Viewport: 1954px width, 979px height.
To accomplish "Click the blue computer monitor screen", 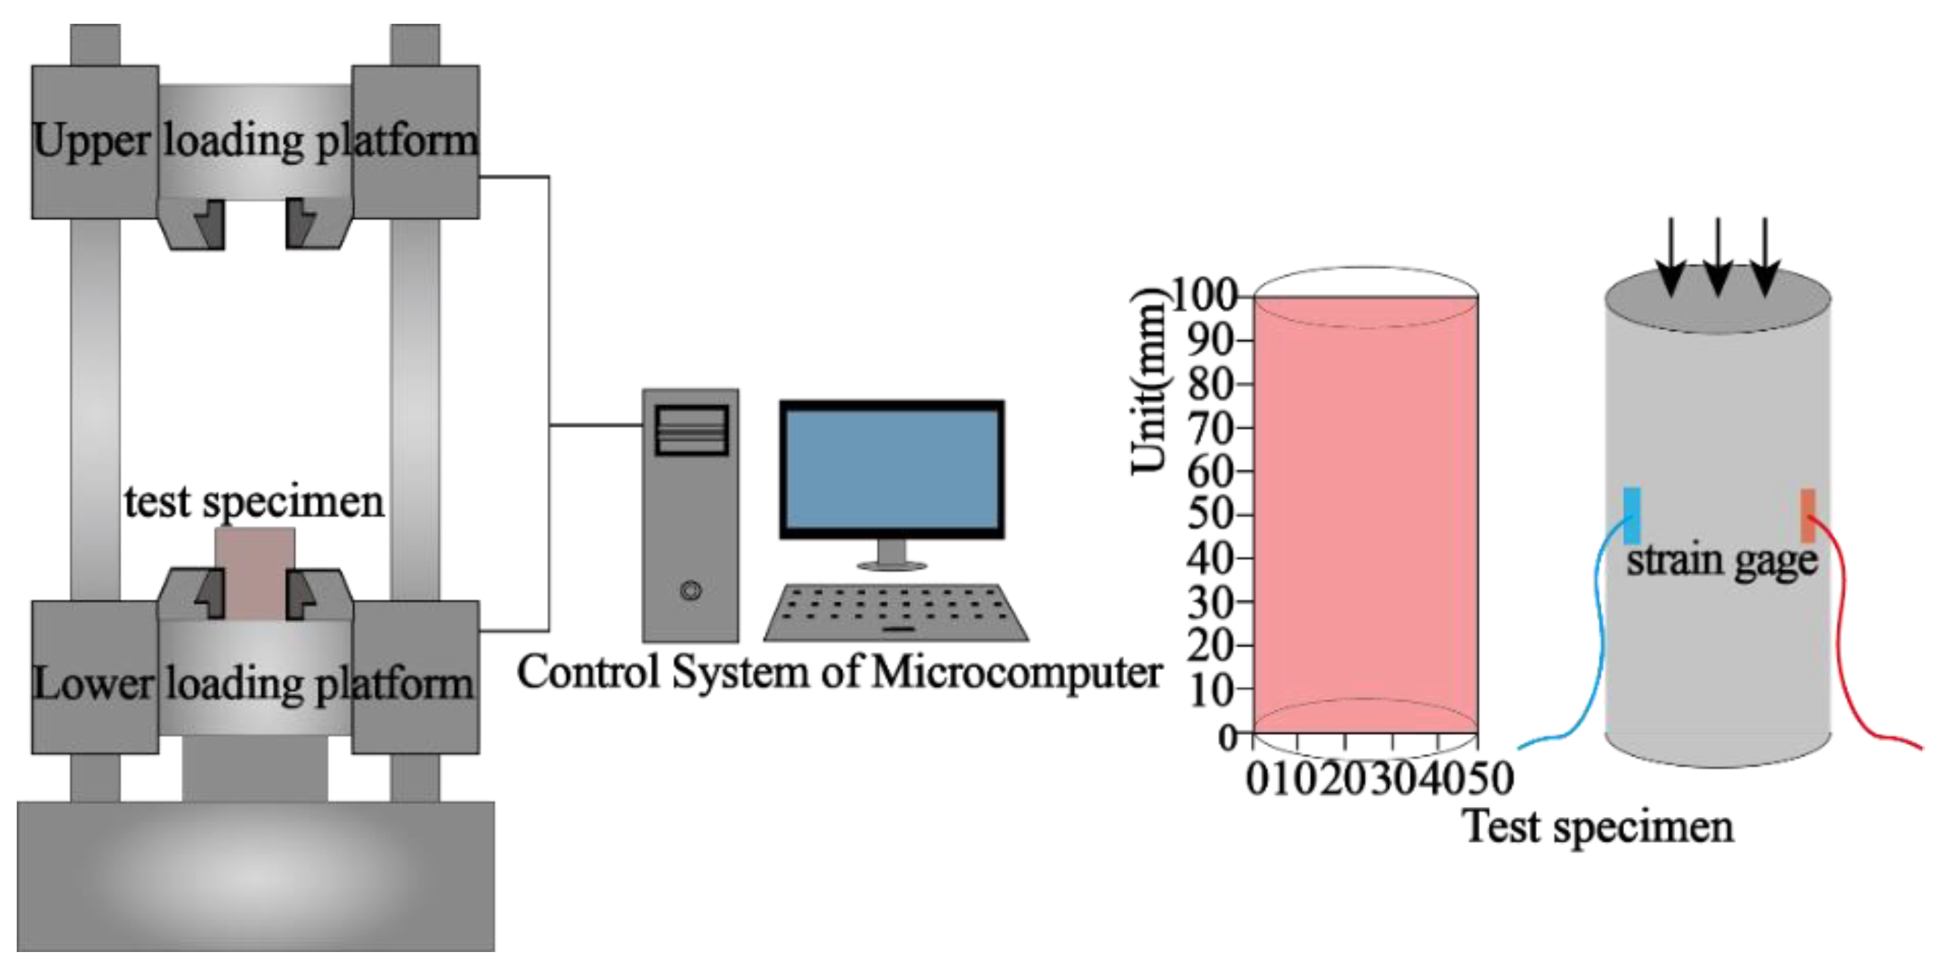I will pos(892,470).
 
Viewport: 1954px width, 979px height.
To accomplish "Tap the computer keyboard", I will pos(895,611).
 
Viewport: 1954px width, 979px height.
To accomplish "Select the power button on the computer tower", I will pos(690,590).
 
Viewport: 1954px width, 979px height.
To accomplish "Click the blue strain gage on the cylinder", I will pos(1631,516).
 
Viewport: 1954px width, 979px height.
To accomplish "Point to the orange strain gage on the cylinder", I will pos(1808,516).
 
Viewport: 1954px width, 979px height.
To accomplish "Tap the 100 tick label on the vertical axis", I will pos(1206,294).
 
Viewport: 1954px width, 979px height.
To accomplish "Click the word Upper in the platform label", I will pos(92,142).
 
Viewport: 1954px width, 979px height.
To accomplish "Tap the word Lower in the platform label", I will pos(93,684).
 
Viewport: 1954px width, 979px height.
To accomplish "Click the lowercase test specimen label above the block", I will pos(254,502).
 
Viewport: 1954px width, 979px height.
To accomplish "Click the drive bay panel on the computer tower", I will pos(692,430).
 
